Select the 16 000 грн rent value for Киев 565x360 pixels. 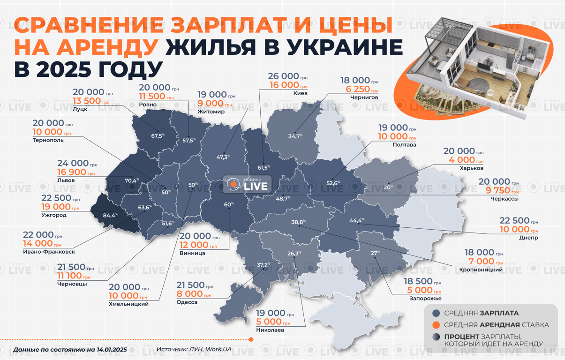[x=284, y=85]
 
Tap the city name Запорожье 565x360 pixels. [x=424, y=298]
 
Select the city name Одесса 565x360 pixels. [x=187, y=302]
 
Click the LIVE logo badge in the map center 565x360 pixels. [x=247, y=184]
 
